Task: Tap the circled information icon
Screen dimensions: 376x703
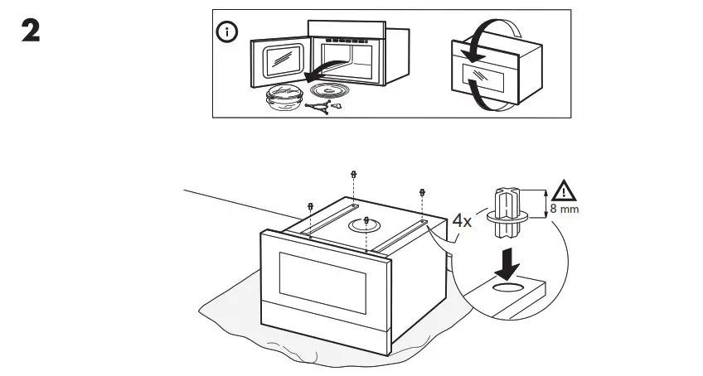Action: coord(226,32)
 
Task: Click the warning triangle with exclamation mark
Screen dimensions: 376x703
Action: coord(565,191)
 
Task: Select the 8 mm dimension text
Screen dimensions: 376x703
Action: coord(565,210)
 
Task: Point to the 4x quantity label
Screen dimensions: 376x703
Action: coord(462,222)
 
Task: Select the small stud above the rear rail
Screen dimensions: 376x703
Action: coord(354,176)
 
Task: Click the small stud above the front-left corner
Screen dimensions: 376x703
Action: coord(311,206)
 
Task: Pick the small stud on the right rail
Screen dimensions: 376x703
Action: coord(423,192)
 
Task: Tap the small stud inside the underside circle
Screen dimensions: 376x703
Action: coord(366,221)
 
